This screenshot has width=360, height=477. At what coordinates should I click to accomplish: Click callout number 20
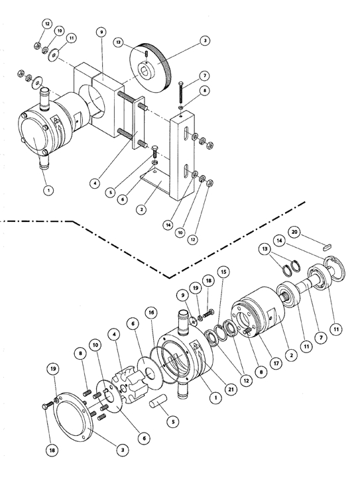294,232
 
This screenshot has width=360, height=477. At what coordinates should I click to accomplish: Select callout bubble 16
151,313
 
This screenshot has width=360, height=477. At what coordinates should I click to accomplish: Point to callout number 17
276,363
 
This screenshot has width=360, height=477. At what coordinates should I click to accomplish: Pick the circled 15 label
223,272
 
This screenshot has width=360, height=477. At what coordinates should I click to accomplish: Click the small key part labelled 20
327,247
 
